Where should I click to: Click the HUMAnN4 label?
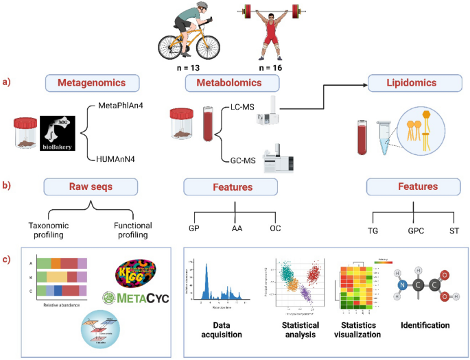tap(115, 158)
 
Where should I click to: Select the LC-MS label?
tap(237, 109)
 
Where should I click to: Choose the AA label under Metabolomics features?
tap(236, 228)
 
